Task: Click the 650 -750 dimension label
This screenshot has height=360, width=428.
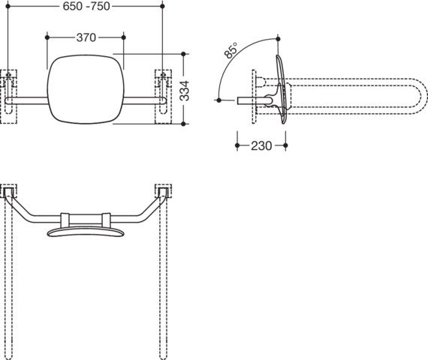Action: [86, 6]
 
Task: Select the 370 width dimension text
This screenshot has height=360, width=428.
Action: [86, 37]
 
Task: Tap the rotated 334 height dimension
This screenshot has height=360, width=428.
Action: [185, 91]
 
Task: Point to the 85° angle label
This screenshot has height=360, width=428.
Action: [231, 50]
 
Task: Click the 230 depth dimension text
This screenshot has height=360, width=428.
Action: [261, 145]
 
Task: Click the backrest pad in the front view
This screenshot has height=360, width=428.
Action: [86, 89]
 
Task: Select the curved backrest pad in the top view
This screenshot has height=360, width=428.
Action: [86, 232]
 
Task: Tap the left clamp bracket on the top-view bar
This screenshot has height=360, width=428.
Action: [65, 220]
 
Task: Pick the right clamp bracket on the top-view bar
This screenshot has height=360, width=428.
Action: [106, 220]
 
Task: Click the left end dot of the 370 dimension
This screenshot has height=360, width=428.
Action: [47, 37]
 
